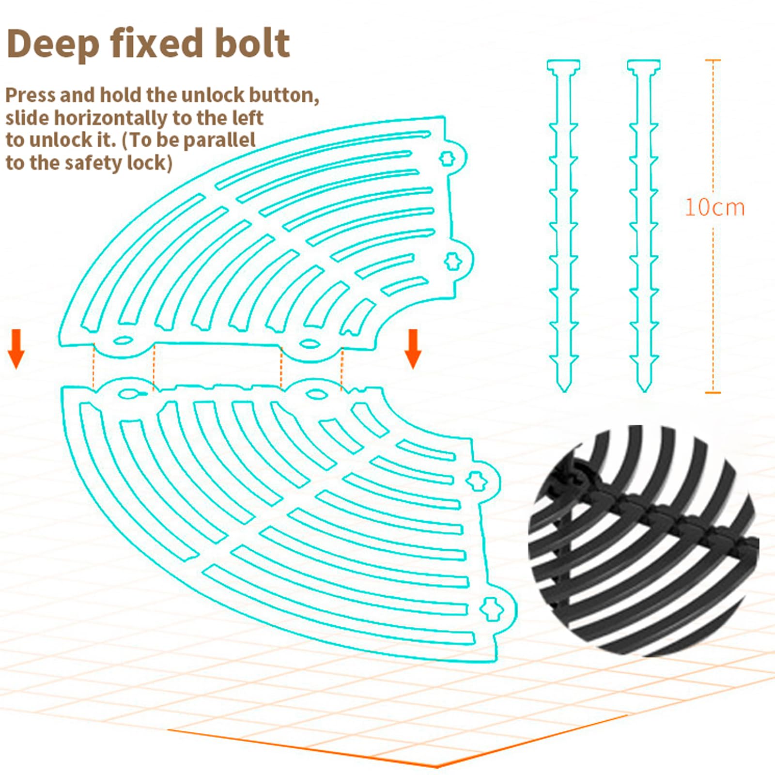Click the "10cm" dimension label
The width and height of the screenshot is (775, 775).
pos(714,207)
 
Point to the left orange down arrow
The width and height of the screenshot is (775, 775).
pos(16,349)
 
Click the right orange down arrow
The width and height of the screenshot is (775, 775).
pos(413,349)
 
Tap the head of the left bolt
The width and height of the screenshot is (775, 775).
pos(564,66)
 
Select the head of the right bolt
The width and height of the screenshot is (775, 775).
pos(644,66)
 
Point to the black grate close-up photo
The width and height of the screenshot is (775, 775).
pos(643,540)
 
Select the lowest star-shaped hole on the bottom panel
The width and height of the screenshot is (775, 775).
pos(491,608)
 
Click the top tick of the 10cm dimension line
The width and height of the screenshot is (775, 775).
pos(713,60)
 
